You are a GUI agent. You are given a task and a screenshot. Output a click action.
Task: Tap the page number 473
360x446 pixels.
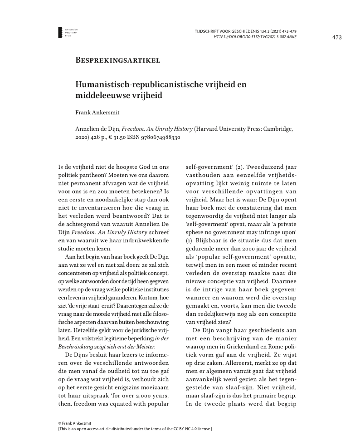[x=337, y=37]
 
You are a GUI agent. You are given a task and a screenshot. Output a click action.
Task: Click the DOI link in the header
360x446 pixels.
[x=255, y=37]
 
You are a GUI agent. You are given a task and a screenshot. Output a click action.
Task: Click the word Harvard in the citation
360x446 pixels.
[x=208, y=128]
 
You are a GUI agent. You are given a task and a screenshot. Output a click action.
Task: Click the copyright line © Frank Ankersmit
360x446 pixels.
[x=74, y=423]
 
